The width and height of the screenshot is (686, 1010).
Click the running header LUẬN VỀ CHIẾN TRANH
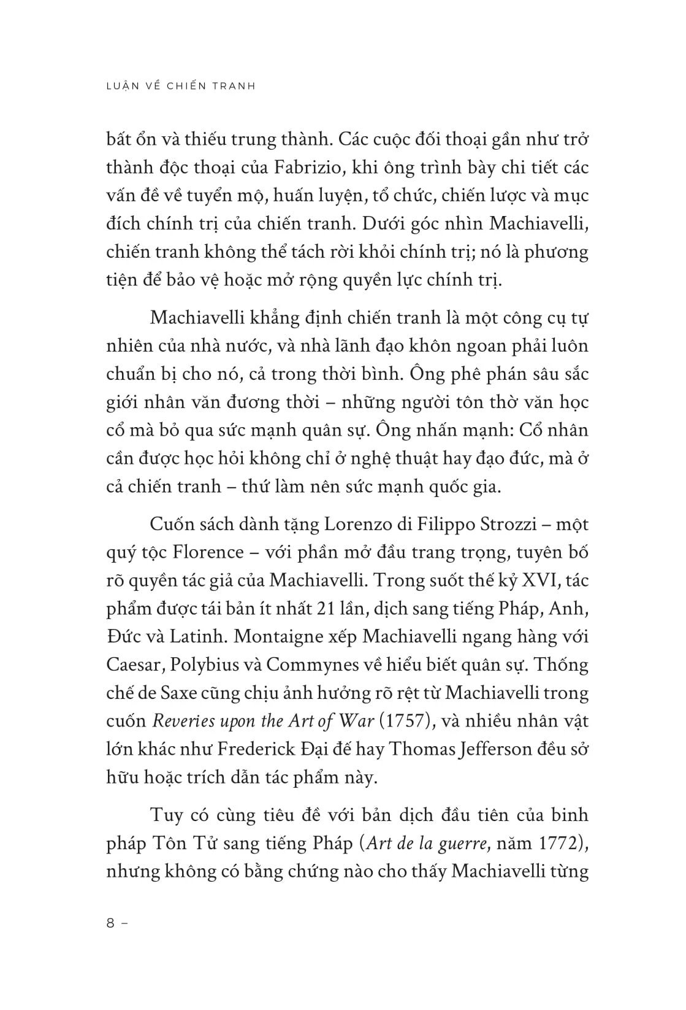point(180,86)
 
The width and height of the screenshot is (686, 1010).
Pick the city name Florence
point(208,552)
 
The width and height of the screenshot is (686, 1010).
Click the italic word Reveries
point(181,721)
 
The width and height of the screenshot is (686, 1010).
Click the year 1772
point(559,844)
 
